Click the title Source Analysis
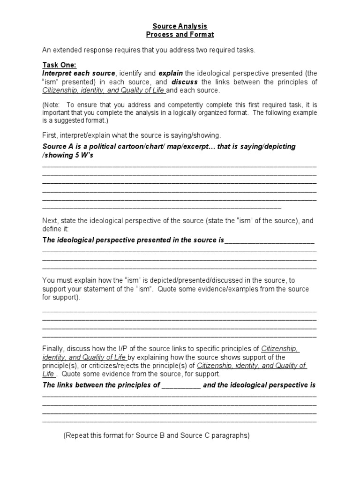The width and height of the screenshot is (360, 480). pyautogui.click(x=180, y=26)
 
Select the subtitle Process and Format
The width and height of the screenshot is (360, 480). pyautogui.click(x=180, y=35)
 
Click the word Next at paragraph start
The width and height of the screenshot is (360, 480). pyautogui.click(x=50, y=220)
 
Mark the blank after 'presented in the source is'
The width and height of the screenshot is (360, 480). pyautogui.click(x=270, y=240)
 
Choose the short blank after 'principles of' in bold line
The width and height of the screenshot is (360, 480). pyautogui.click(x=181, y=385)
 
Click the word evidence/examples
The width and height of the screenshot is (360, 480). pyautogui.click(x=222, y=289)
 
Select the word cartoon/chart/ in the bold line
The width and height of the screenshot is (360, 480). pyautogui.click(x=135, y=146)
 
